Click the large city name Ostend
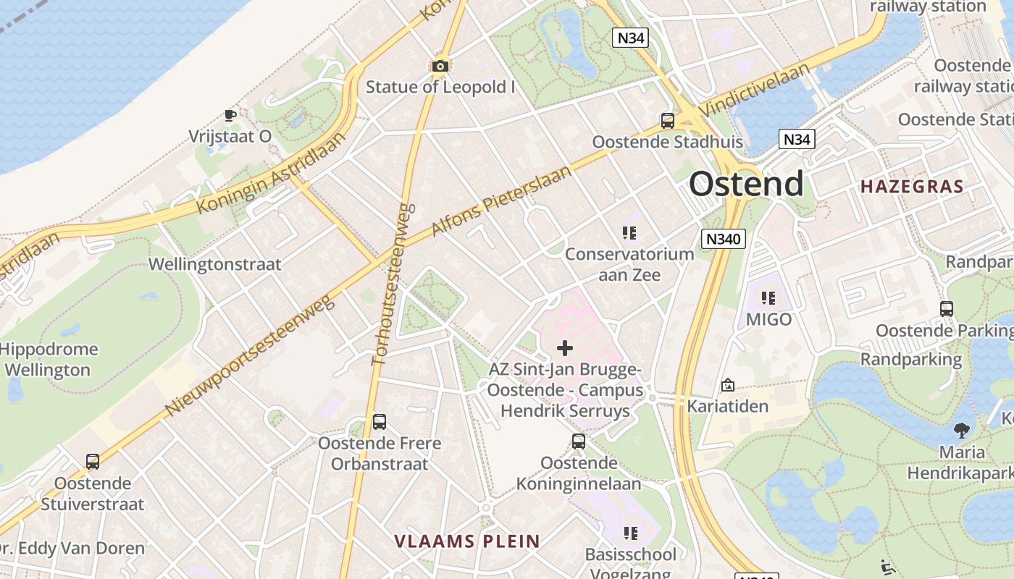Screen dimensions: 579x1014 click(x=746, y=184)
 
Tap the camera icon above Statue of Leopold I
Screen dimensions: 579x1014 click(x=440, y=67)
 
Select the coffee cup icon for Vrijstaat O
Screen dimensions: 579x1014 click(x=230, y=114)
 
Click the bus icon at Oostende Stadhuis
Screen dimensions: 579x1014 click(x=667, y=120)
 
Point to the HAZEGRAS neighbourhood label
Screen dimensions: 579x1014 click(x=912, y=187)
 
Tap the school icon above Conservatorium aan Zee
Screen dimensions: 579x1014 click(x=629, y=233)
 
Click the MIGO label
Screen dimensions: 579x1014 click(x=768, y=319)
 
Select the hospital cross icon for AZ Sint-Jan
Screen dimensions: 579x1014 click(x=564, y=348)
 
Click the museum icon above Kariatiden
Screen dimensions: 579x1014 click(x=727, y=385)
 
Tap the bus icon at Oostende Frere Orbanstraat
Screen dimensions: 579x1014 click(x=379, y=421)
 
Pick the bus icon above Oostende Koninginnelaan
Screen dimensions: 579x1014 click(x=578, y=441)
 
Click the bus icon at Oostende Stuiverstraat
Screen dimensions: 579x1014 click(x=92, y=462)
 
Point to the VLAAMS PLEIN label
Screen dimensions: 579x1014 click(x=467, y=541)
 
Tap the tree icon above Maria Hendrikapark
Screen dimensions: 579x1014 click(x=962, y=431)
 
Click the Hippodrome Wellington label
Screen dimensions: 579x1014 click(x=49, y=360)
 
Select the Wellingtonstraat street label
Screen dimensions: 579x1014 click(x=214, y=264)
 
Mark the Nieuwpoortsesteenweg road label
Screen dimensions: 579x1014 click(x=250, y=355)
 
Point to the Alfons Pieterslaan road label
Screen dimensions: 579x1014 click(x=500, y=200)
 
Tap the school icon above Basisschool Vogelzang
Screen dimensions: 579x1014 click(x=630, y=533)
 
